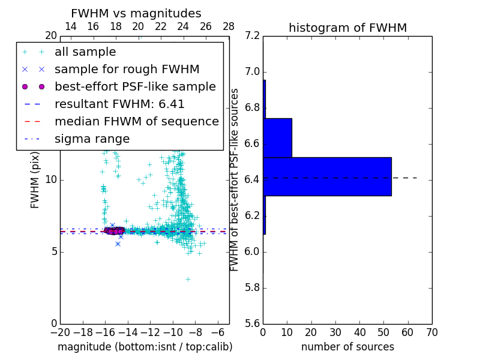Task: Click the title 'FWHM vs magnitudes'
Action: pos(136,13)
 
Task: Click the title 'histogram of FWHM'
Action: pos(347,28)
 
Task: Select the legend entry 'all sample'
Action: pos(85,52)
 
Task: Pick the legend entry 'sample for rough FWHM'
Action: pos(127,70)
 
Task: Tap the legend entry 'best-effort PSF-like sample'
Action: pos(135,87)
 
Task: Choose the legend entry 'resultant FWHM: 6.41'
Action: pos(119,104)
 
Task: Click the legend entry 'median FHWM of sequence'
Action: pos(136,122)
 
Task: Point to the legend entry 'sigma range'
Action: pos(92,139)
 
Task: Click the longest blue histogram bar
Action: pos(327,176)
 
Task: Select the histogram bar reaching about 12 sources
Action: pos(277,137)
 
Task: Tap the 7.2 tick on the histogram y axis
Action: pos(253,36)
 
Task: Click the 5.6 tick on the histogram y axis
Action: pos(253,323)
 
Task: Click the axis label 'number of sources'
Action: pos(347,347)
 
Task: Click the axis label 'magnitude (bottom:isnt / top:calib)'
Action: pos(145,347)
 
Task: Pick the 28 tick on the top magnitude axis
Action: pos(229,26)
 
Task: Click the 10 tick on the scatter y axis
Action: pos(51,180)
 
